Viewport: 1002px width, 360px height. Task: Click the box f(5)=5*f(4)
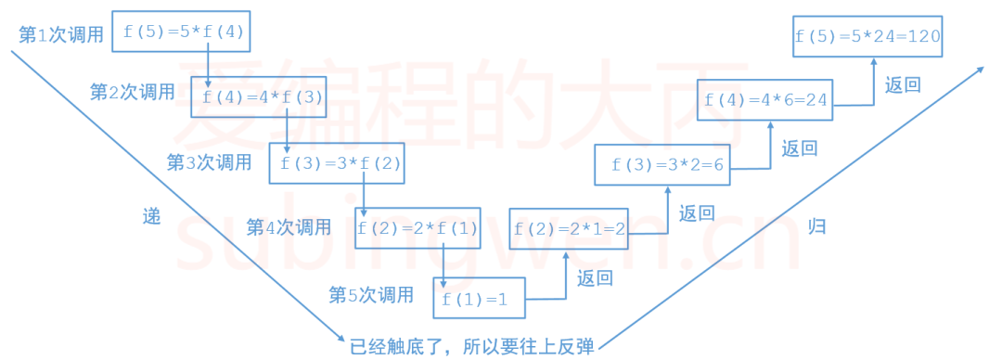181,32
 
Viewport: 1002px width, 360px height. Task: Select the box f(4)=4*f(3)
260,97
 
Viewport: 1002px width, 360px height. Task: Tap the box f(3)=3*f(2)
338,163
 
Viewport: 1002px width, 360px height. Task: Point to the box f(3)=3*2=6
665,165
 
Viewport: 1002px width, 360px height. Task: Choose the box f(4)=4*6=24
764,99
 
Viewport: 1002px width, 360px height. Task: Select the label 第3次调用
209,162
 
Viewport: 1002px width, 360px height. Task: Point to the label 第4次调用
289,226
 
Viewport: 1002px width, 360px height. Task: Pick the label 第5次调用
371,295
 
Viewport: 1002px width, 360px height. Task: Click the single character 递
151,216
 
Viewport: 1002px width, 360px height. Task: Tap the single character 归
816,226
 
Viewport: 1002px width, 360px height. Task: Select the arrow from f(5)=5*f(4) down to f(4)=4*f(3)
208,63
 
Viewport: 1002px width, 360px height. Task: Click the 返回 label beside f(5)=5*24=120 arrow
902,85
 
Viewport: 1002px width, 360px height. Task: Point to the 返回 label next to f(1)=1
595,277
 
